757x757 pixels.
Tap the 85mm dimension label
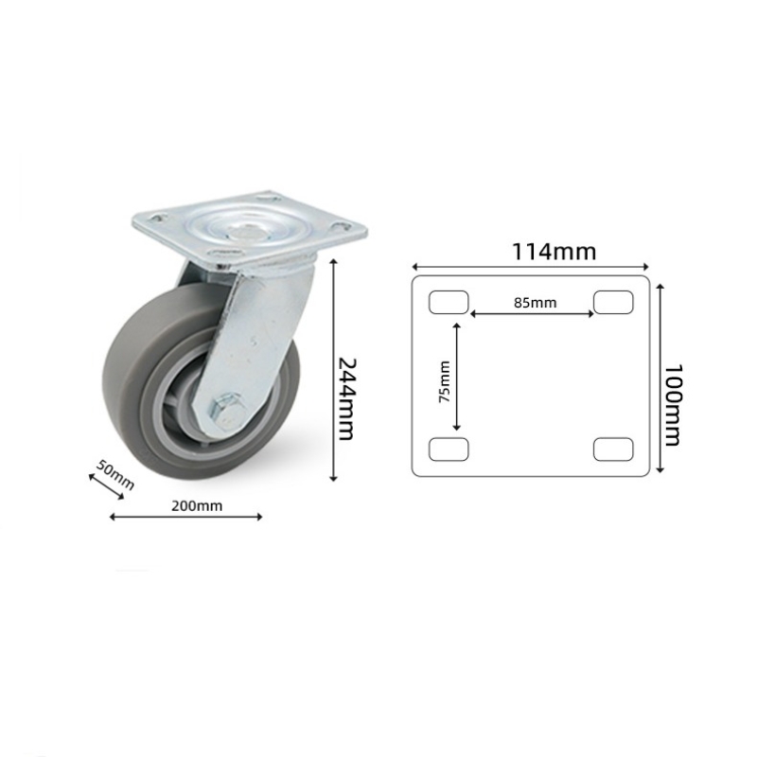pos(535,303)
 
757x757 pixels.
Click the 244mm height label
pos(346,398)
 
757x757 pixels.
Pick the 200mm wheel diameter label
pos(197,505)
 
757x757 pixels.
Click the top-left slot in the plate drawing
pos(449,302)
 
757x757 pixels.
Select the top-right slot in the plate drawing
pos(613,302)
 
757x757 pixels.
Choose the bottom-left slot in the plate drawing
pos(449,449)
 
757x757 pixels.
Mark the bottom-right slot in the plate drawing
pos(613,449)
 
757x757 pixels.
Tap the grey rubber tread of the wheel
pos(123,397)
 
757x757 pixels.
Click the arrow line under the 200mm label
pos(186,517)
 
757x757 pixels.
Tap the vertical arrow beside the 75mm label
pos(458,377)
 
